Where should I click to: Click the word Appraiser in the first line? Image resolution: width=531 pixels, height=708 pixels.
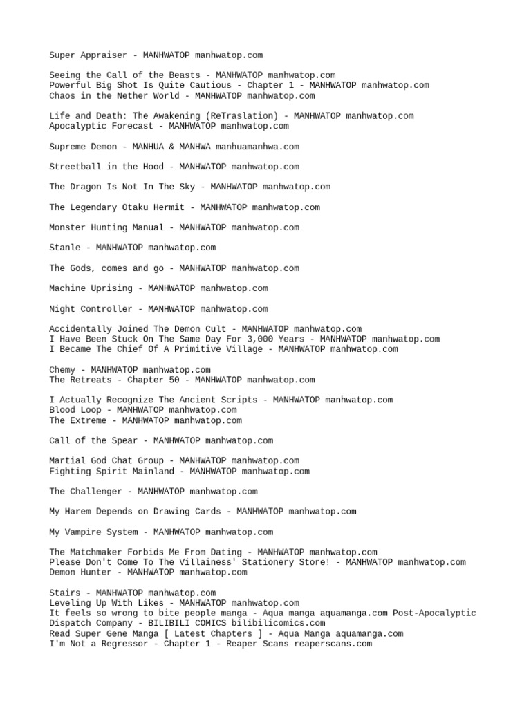pos(104,55)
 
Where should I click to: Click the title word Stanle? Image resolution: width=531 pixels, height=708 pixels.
pos(65,248)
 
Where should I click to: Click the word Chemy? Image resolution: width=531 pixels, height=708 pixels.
pos(62,370)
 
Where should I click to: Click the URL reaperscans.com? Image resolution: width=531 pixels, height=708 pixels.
pos(330,644)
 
